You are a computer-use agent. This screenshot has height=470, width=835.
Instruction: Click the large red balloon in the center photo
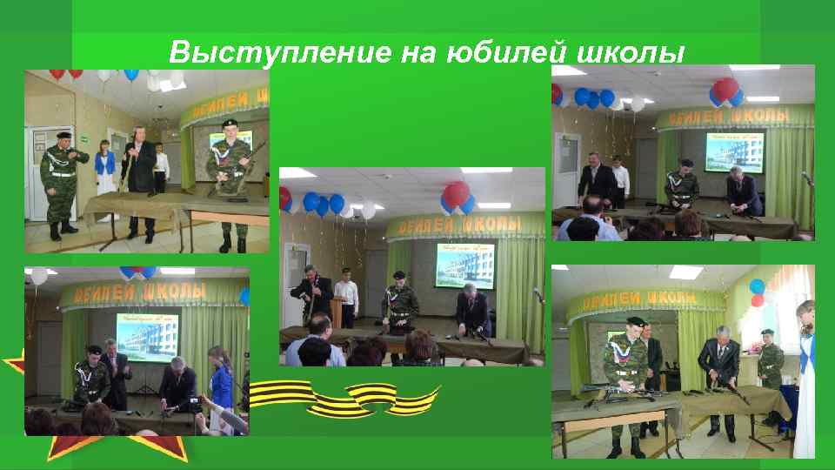coord(457,193)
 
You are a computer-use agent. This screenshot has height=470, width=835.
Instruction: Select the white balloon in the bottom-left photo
coord(38,276)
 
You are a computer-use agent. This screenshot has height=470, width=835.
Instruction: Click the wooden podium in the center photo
coord(336,313)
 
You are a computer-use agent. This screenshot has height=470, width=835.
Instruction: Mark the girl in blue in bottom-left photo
coord(218,383)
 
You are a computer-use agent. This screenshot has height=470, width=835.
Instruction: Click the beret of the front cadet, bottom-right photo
coord(636,321)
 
